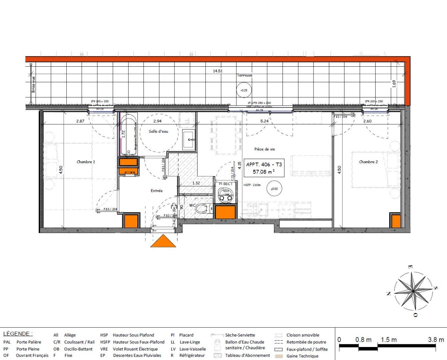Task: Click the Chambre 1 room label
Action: coord(86,162)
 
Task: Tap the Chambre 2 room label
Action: coord(368,162)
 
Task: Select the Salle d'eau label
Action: coord(158,131)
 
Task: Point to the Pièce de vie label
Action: coord(265,149)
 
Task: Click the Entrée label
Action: coord(156,191)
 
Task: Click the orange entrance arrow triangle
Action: coord(163,242)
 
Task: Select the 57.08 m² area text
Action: coord(264,172)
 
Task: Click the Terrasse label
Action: coord(245,75)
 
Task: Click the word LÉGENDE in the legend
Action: coord(18,334)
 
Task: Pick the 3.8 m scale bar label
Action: coord(436,340)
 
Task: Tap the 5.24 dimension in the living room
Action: coord(264,121)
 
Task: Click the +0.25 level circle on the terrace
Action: coord(244,90)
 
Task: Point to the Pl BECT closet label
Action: coord(226,184)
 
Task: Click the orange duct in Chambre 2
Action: coord(396,221)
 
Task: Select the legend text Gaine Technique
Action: coord(302,356)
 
